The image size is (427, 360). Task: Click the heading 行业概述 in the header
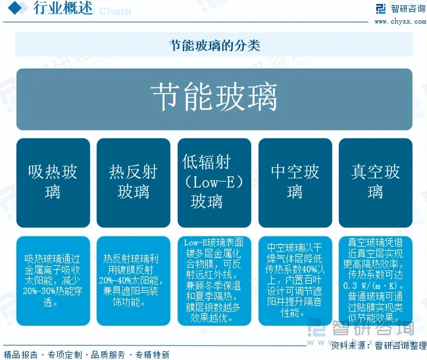pyautogui.click(x=63, y=8)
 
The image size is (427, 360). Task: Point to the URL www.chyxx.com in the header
pyautogui.click(x=400, y=22)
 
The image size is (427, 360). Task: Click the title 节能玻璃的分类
pyautogui.click(x=214, y=45)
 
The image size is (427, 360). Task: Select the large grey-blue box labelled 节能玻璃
pyautogui.click(x=214, y=99)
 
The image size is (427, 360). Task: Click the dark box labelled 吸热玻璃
pyautogui.click(x=53, y=183)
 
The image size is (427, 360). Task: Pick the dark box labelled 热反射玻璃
pyautogui.click(x=133, y=183)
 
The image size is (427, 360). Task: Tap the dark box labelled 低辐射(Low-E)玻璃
pyautogui.click(x=214, y=183)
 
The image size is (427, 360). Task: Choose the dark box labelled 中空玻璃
pyautogui.click(x=295, y=183)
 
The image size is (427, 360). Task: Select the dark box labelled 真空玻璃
pyautogui.click(x=375, y=183)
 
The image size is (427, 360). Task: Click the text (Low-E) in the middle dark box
pyautogui.click(x=214, y=182)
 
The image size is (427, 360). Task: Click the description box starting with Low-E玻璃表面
pyautogui.click(x=214, y=281)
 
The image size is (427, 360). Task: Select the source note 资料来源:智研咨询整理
pyautogui.click(x=378, y=346)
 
